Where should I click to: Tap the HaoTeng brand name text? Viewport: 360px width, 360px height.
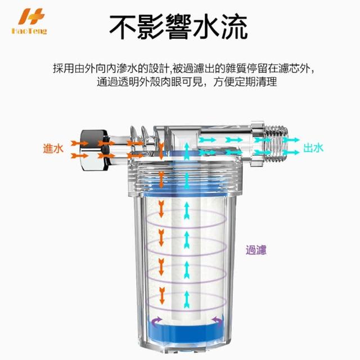[29, 31]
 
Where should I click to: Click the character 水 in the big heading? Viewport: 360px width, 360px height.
[206, 27]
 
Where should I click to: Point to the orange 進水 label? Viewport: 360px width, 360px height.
[53, 148]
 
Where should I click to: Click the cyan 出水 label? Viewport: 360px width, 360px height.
[313, 147]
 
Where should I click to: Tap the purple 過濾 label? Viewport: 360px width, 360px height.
[256, 250]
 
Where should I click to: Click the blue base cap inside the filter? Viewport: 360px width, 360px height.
[186, 330]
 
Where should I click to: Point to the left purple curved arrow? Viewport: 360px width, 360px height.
[156, 321]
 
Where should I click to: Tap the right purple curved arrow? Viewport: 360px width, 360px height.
[217, 321]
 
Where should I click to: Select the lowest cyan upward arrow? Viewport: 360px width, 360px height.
[187, 299]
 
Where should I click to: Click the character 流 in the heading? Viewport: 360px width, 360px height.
[234, 27]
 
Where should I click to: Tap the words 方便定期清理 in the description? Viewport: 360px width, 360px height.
[245, 82]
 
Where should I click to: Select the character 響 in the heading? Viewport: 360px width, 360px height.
[178, 27]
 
